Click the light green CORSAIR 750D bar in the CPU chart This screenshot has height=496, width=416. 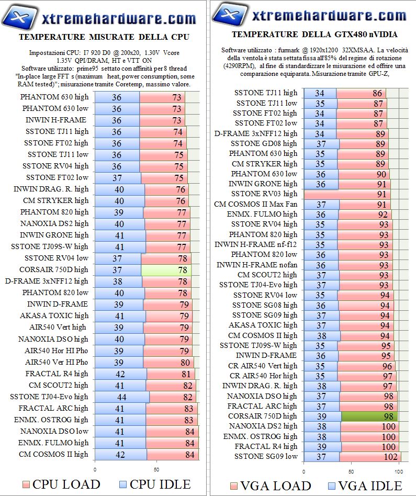click(x=166, y=270)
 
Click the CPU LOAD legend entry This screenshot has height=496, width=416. click(x=60, y=483)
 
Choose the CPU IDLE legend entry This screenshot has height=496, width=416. click(x=155, y=483)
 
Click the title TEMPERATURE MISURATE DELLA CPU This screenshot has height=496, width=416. click(x=104, y=37)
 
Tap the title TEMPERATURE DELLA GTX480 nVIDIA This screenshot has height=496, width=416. click(x=314, y=35)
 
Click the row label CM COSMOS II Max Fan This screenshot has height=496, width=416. click(x=255, y=204)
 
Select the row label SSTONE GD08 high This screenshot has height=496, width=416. click(x=264, y=143)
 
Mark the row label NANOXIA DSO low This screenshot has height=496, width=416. click(x=54, y=431)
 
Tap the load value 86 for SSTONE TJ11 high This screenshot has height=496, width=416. click(x=377, y=94)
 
